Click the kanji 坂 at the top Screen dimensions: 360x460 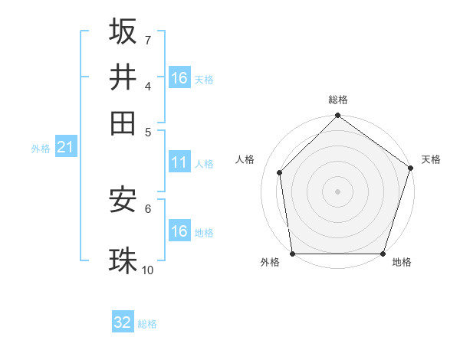[x=123, y=31]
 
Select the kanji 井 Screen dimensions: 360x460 [x=123, y=77]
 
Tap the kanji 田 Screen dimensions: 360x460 [x=123, y=122]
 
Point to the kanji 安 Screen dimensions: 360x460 [x=123, y=201]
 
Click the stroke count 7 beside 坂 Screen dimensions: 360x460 [x=147, y=40]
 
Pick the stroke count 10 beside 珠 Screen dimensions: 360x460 [x=148, y=270]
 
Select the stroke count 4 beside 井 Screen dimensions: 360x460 [x=147, y=85]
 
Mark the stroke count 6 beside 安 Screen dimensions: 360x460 [x=147, y=208]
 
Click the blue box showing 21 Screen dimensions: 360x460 [x=64, y=147]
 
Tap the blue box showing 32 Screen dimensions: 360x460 [x=123, y=322]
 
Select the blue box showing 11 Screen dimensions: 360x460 [x=179, y=162]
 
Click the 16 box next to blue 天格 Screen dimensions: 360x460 [x=179, y=77]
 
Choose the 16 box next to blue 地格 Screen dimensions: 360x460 [x=179, y=231]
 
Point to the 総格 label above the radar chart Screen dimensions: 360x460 [x=338, y=100]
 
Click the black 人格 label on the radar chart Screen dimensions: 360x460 [x=245, y=159]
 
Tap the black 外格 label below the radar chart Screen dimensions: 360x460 [x=270, y=263]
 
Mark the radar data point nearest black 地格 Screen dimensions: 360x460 [x=383, y=254]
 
